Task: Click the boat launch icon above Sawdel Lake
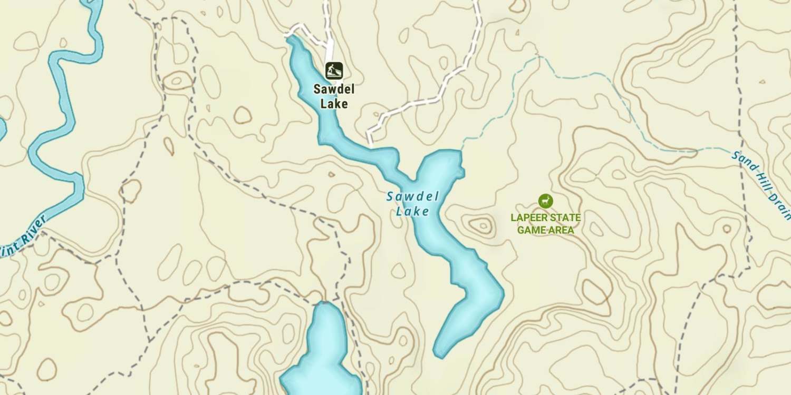[x=334, y=71]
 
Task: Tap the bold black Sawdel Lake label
[x=334, y=96]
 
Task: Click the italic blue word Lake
[x=412, y=212]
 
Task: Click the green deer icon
[x=545, y=201]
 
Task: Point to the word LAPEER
[x=529, y=218]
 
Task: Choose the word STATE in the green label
[x=565, y=218]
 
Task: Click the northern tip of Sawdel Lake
[x=291, y=39]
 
